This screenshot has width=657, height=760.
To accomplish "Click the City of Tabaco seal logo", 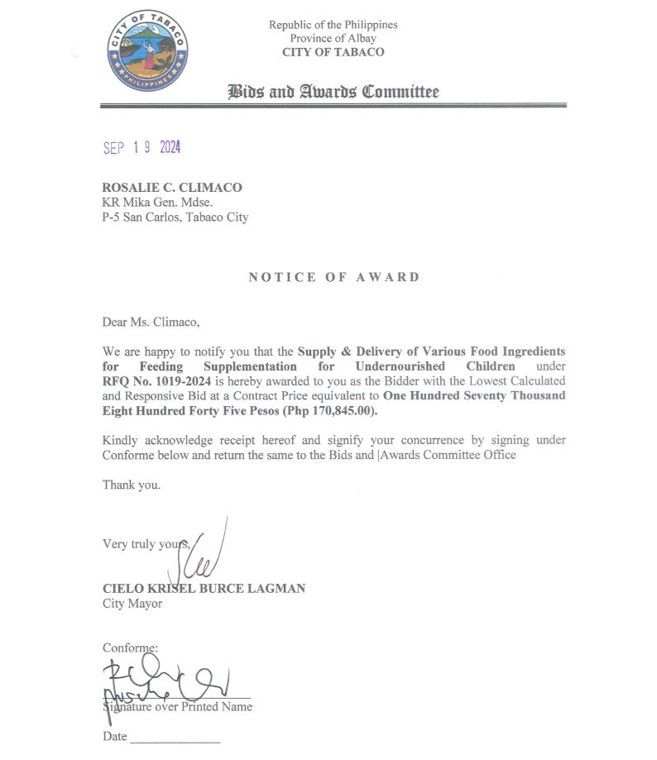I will coord(148,51).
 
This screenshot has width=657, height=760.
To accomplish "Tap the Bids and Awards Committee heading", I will coord(333,92).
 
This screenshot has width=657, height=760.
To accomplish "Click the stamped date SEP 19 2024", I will coord(141,148).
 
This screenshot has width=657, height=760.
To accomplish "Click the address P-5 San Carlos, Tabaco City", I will coord(175,217).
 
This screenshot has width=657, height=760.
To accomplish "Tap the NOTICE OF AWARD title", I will coord(334,277).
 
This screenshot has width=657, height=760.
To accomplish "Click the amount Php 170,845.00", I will coord(328,410).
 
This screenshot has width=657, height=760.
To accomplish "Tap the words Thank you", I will coord(131,485).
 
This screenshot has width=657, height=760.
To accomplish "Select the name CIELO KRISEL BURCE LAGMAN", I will coord(204,588).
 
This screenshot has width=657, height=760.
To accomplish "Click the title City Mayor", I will coord(132,603).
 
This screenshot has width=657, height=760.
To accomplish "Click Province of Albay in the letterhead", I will coord(333,38).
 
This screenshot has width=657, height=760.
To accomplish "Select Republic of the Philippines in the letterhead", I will coord(333,24).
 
